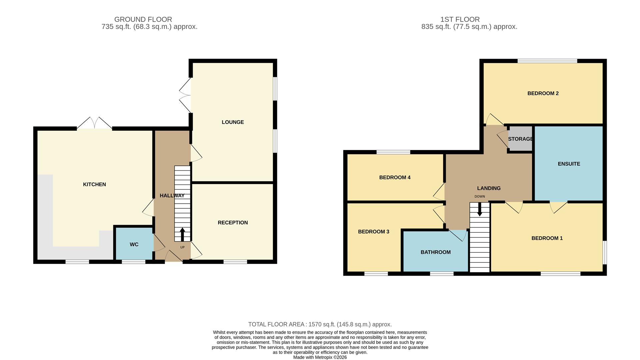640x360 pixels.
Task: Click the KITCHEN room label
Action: point(94,184)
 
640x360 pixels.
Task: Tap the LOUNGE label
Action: point(233,122)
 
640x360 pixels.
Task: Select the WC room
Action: point(134,244)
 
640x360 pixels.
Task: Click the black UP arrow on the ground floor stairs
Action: point(182,234)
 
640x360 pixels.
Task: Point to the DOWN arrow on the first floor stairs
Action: point(479,210)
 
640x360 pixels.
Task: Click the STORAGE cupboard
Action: point(520,139)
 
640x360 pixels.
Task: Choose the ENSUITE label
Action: point(569,164)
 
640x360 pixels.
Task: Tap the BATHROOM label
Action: point(435,252)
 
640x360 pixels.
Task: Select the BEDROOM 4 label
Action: point(395,177)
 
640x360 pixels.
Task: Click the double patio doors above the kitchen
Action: point(94,124)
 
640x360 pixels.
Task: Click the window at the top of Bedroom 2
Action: point(547,61)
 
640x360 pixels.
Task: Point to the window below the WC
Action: point(133,262)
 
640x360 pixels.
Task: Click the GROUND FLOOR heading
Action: point(143,19)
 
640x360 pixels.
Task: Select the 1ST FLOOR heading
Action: point(460,19)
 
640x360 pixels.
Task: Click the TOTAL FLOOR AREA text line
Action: point(320,324)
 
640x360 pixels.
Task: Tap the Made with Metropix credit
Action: point(320,357)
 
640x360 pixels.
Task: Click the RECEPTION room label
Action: point(233,223)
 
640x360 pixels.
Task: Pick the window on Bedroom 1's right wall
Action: point(605,252)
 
